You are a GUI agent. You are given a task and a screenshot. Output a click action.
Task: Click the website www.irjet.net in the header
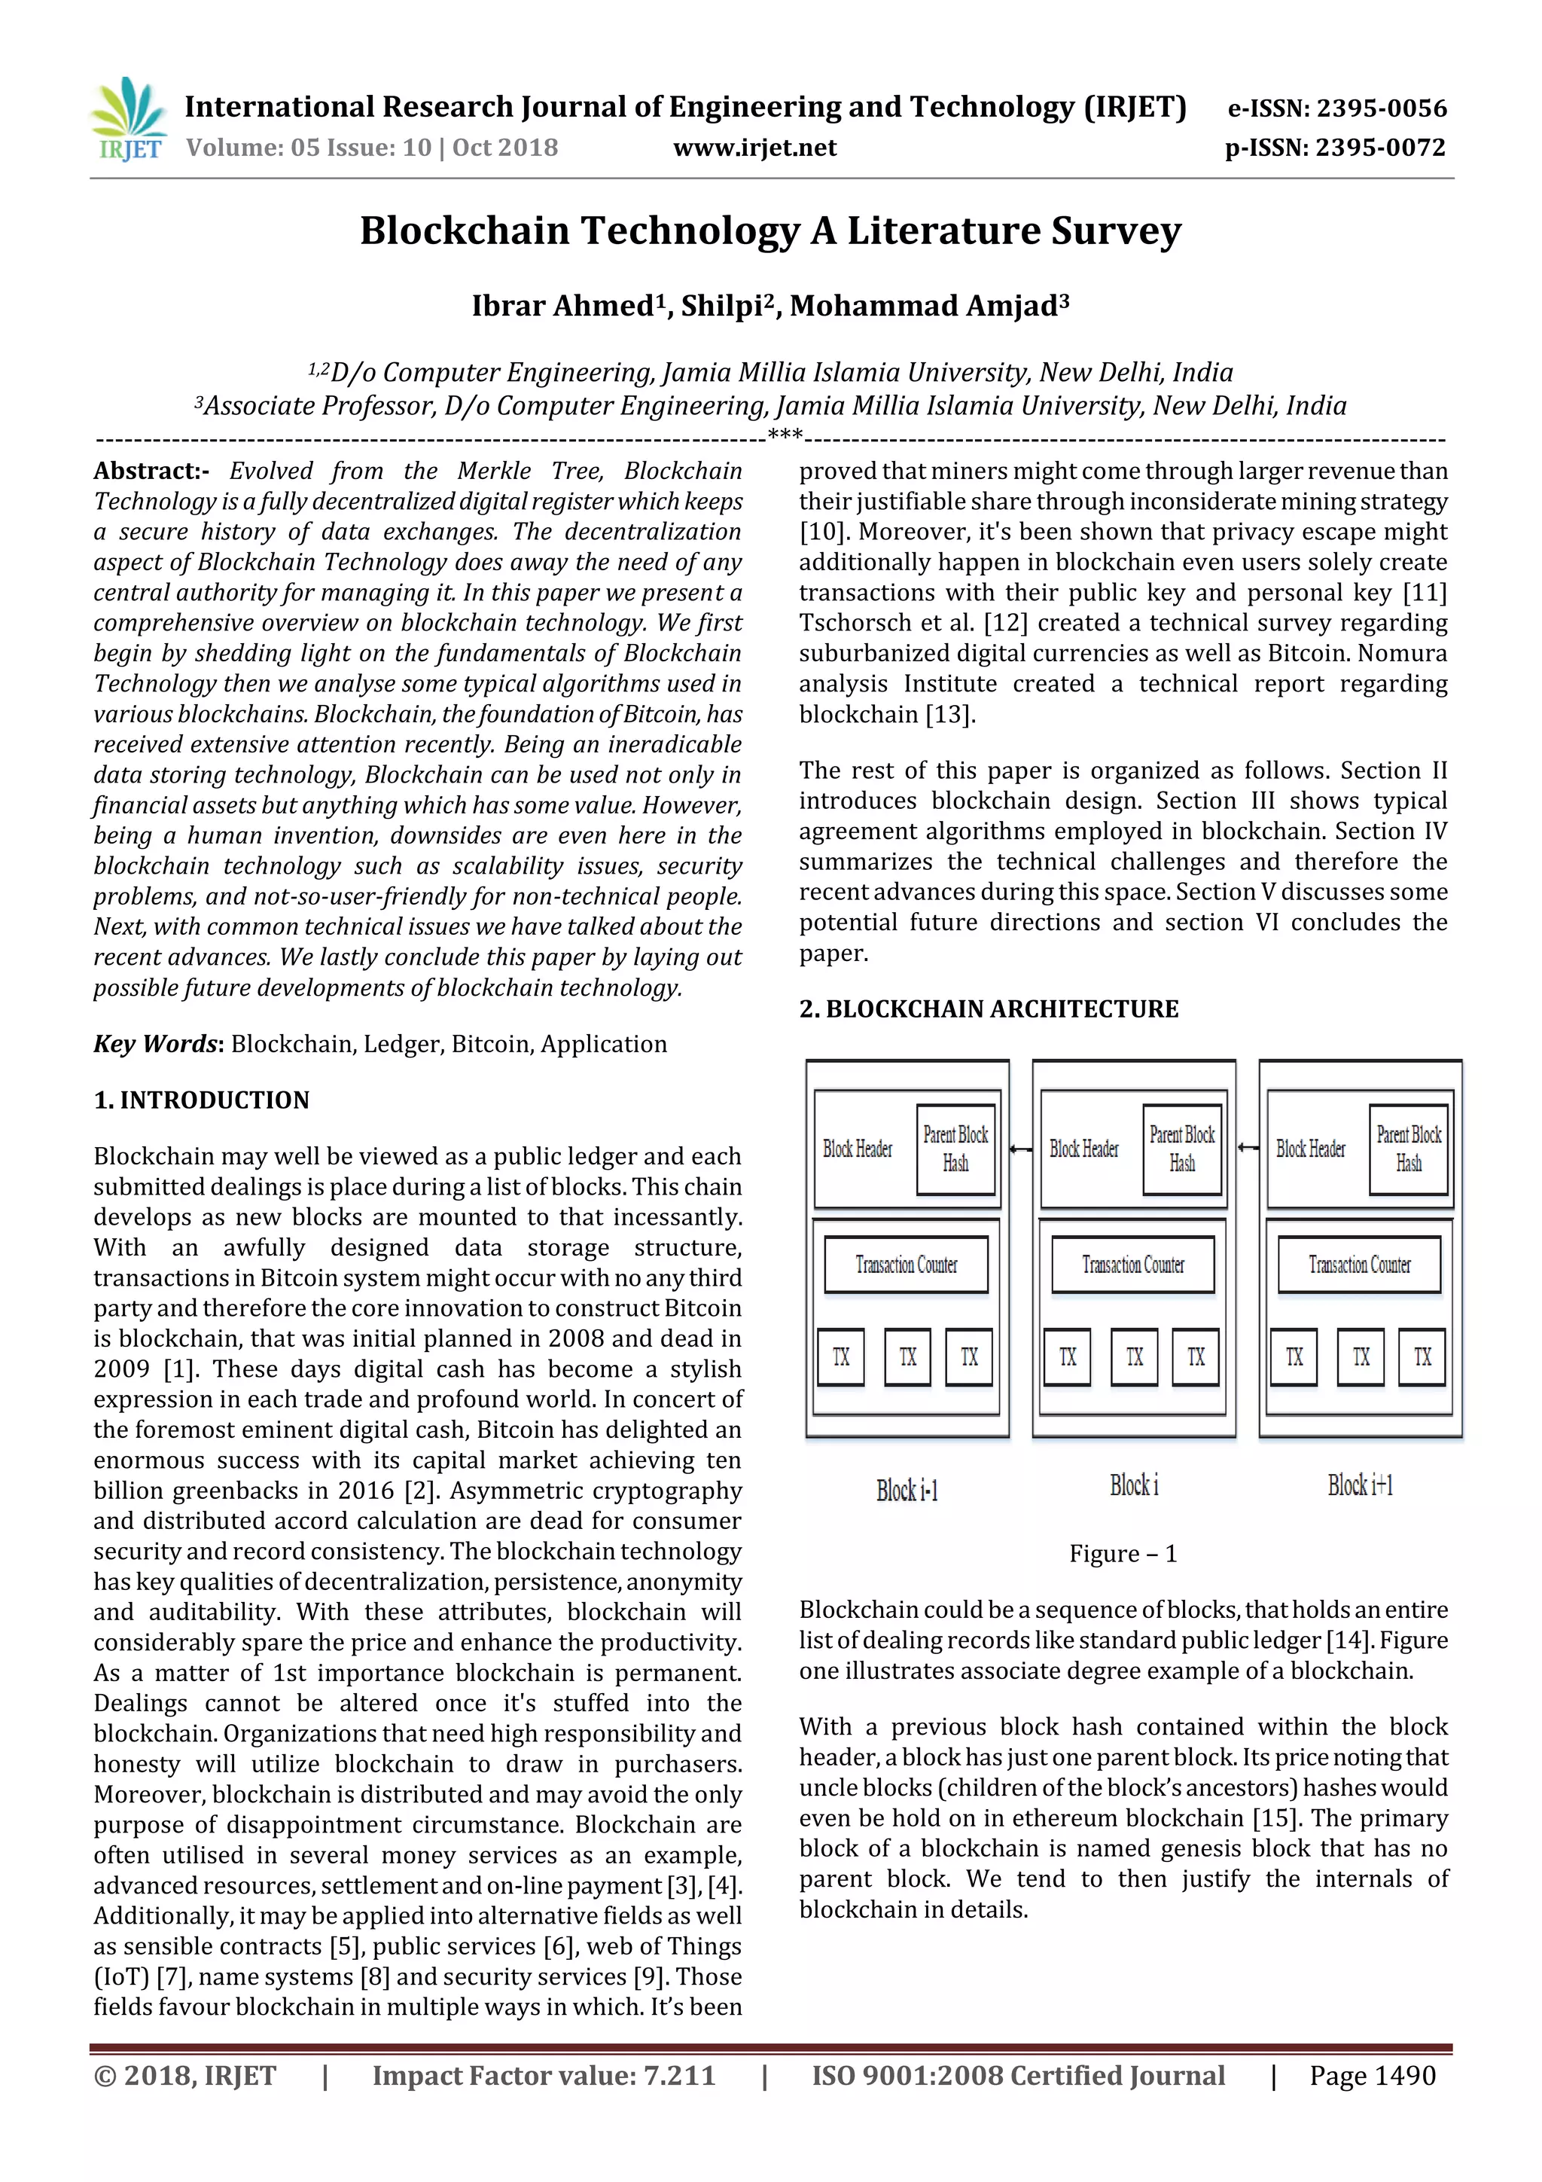pyautogui.click(x=754, y=148)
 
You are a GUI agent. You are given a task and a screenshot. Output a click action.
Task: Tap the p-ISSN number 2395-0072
pyautogui.click(x=1382, y=148)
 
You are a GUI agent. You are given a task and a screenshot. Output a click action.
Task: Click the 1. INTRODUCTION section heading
pyautogui.click(x=202, y=1100)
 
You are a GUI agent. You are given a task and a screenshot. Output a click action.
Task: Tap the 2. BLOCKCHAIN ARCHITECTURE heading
pyautogui.click(x=988, y=1009)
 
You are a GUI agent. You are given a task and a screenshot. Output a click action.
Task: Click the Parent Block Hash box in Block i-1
pyautogui.click(x=955, y=1149)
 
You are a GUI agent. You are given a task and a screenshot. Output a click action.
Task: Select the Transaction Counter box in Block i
pyautogui.click(x=1132, y=1265)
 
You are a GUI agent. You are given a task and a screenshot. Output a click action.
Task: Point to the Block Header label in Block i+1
pyautogui.click(x=1310, y=1149)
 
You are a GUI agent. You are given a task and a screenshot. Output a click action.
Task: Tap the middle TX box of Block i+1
pyautogui.click(x=1361, y=1357)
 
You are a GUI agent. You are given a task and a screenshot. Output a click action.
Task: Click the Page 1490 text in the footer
pyautogui.click(x=1372, y=2076)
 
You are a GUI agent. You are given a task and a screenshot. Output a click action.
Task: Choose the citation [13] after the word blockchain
pyautogui.click(x=950, y=715)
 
